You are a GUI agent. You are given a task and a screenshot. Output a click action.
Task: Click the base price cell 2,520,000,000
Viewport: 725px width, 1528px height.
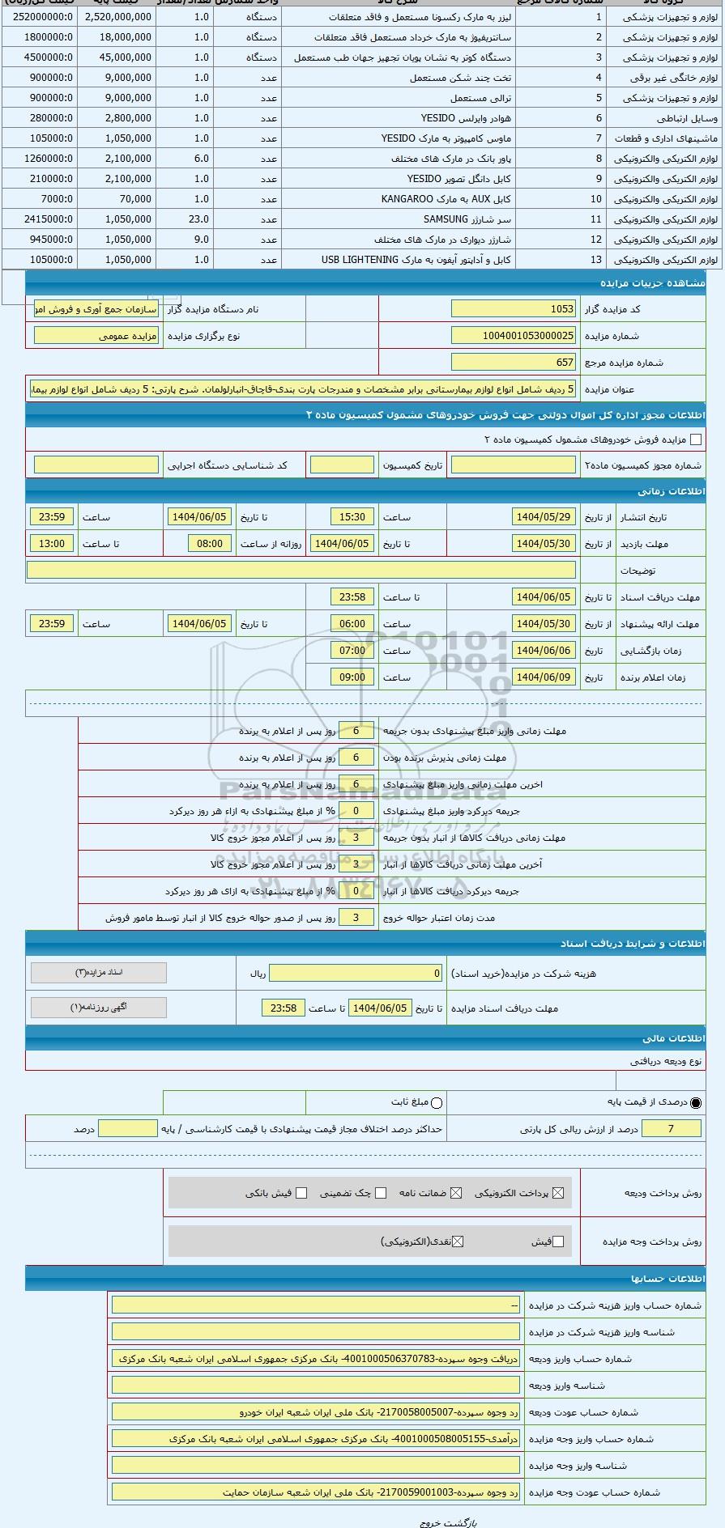tap(117, 17)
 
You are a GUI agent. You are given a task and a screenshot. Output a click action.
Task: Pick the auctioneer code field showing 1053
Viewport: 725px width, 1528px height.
tap(514, 309)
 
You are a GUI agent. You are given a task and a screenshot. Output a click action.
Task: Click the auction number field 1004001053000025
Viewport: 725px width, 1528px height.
tap(514, 336)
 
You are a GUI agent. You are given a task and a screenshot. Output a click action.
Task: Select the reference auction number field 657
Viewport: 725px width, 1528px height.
tap(514, 363)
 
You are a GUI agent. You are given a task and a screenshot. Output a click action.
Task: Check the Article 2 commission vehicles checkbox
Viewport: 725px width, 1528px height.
tap(695, 439)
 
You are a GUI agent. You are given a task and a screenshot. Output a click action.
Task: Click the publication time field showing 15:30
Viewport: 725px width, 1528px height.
tap(352, 517)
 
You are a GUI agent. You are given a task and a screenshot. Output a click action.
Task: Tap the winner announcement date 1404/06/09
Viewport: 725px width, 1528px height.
tap(544, 677)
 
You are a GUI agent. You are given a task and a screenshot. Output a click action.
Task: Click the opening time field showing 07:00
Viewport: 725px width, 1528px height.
tap(352, 651)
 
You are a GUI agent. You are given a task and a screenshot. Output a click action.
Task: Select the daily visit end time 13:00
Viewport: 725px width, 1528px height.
tap(52, 544)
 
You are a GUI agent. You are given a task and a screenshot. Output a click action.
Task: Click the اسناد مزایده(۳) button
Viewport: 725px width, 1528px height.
tap(99, 972)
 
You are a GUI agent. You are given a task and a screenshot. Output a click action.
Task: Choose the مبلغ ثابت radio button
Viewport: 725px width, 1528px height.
tap(437, 1102)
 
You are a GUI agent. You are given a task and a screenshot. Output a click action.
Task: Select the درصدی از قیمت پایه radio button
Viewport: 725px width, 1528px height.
tap(696, 1102)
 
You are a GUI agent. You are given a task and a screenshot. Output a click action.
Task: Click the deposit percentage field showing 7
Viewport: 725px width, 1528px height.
tap(671, 1129)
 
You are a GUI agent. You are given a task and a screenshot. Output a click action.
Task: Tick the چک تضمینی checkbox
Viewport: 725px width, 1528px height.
tap(381, 1193)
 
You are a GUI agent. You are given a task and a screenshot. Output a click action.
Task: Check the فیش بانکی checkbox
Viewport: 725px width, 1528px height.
tap(301, 1193)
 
